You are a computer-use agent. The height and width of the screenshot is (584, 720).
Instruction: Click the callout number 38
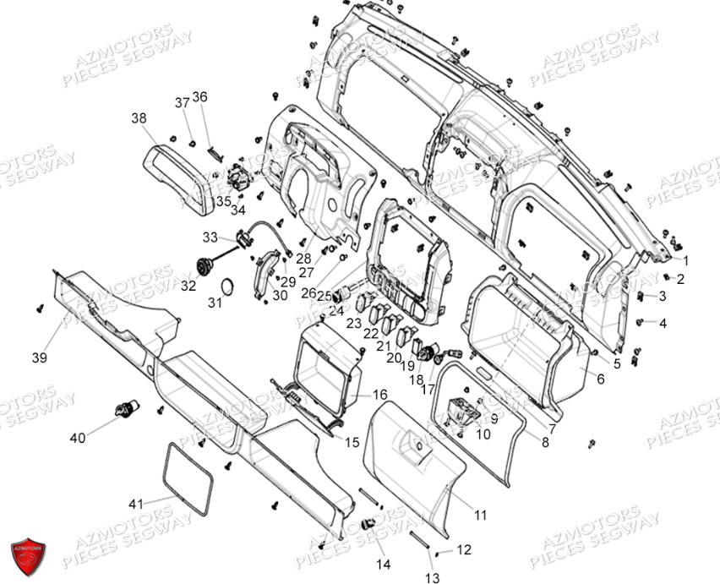139,118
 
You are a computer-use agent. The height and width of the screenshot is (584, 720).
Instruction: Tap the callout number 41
136,504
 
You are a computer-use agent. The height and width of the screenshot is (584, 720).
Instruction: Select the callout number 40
78,438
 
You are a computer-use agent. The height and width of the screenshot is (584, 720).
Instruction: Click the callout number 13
433,578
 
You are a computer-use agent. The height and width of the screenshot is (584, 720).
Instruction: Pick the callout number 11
481,514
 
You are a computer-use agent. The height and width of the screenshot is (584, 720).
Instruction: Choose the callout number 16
379,395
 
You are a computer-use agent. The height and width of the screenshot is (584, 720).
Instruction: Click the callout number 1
685,260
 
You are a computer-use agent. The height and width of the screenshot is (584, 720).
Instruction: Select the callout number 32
188,286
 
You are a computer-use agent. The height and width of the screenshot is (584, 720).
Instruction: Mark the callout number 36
199,96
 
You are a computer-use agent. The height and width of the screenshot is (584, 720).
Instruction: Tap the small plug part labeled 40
123,407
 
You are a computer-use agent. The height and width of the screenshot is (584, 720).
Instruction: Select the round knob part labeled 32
204,265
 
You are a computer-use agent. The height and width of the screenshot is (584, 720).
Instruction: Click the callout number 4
663,323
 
